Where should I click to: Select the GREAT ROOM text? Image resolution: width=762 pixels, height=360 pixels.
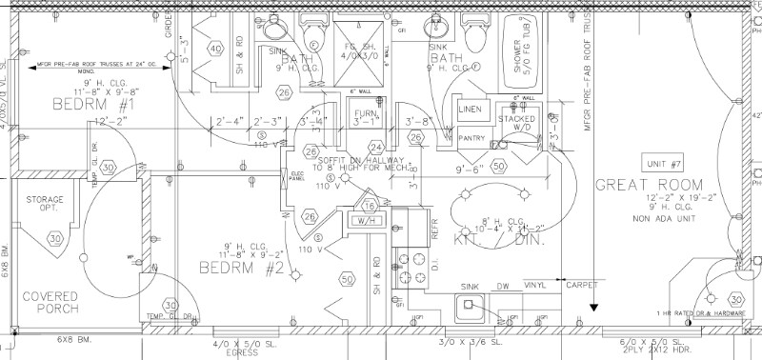[650, 185]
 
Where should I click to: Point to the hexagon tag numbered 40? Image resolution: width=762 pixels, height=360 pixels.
[215, 49]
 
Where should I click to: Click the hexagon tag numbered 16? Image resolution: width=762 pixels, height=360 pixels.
[370, 206]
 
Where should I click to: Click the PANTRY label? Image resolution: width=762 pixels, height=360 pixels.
[471, 138]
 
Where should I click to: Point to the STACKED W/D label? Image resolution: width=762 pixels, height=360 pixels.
[524, 124]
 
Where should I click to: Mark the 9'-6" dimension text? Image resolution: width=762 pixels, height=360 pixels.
[471, 169]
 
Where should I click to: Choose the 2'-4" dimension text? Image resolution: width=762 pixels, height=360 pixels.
[230, 121]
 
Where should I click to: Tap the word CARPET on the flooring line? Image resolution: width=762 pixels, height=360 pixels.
[582, 284]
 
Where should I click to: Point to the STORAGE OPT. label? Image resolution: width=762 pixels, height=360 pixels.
[45, 205]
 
